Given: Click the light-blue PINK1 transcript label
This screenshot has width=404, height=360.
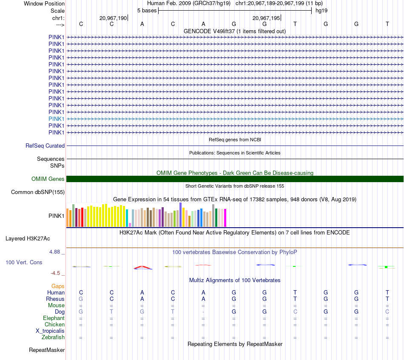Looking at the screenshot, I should click(x=57, y=119).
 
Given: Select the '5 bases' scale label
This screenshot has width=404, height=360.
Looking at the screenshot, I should click(x=147, y=10).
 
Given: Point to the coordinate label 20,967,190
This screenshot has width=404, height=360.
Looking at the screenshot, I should click(x=113, y=18).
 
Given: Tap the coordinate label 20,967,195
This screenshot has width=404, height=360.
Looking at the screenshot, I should click(x=266, y=18).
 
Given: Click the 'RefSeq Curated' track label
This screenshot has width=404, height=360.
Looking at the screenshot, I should click(x=45, y=146).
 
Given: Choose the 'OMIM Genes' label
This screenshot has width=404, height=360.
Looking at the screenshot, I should click(x=48, y=179).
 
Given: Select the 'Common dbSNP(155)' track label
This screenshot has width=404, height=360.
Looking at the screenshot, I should click(x=38, y=192).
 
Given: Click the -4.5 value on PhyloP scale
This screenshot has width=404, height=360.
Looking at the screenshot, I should click(x=55, y=273).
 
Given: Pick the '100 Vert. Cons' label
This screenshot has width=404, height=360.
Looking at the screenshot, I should click(x=24, y=263).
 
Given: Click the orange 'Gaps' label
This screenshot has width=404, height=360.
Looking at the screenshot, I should click(x=58, y=286).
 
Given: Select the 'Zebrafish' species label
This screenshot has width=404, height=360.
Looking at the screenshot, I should click(x=53, y=337).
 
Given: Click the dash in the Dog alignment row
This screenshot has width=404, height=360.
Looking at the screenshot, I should click(x=203, y=312).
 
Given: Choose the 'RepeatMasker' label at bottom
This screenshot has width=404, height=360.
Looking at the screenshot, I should click(x=47, y=350).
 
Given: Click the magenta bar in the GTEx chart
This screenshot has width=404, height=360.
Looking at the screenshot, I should click(x=225, y=217).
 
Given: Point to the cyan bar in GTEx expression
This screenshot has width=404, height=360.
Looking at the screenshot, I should click(x=127, y=217).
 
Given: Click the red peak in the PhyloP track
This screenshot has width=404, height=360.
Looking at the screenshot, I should click(x=142, y=267).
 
